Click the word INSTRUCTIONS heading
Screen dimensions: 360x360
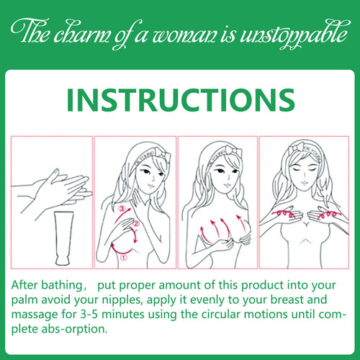click(181, 100)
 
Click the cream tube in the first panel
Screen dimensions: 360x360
click(64, 238)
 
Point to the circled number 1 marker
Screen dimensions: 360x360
click(123, 258)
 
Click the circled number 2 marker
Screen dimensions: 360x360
click(136, 224)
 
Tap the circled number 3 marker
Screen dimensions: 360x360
click(122, 209)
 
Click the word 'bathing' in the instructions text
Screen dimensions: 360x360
click(62, 285)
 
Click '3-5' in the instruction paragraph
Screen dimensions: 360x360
click(89, 314)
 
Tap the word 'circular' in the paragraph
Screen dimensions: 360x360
click(220, 314)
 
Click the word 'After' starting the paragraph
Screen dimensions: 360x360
click(24, 285)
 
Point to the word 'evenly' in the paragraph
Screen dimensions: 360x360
click(207, 300)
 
